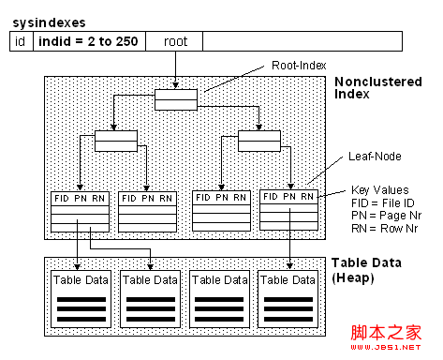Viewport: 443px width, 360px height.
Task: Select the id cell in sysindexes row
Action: (x=20, y=41)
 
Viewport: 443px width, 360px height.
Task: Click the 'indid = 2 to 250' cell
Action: (x=85, y=41)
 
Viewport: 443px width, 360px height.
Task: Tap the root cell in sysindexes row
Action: (x=175, y=41)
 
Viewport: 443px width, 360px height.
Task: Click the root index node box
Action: (x=176, y=99)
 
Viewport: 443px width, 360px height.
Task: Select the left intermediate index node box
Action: (x=114, y=141)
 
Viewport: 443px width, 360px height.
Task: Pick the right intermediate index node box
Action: (x=258, y=141)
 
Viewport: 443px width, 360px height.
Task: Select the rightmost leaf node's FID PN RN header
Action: (x=289, y=198)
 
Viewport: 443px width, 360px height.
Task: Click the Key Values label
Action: (x=380, y=188)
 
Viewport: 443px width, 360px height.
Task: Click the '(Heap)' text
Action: (x=352, y=277)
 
